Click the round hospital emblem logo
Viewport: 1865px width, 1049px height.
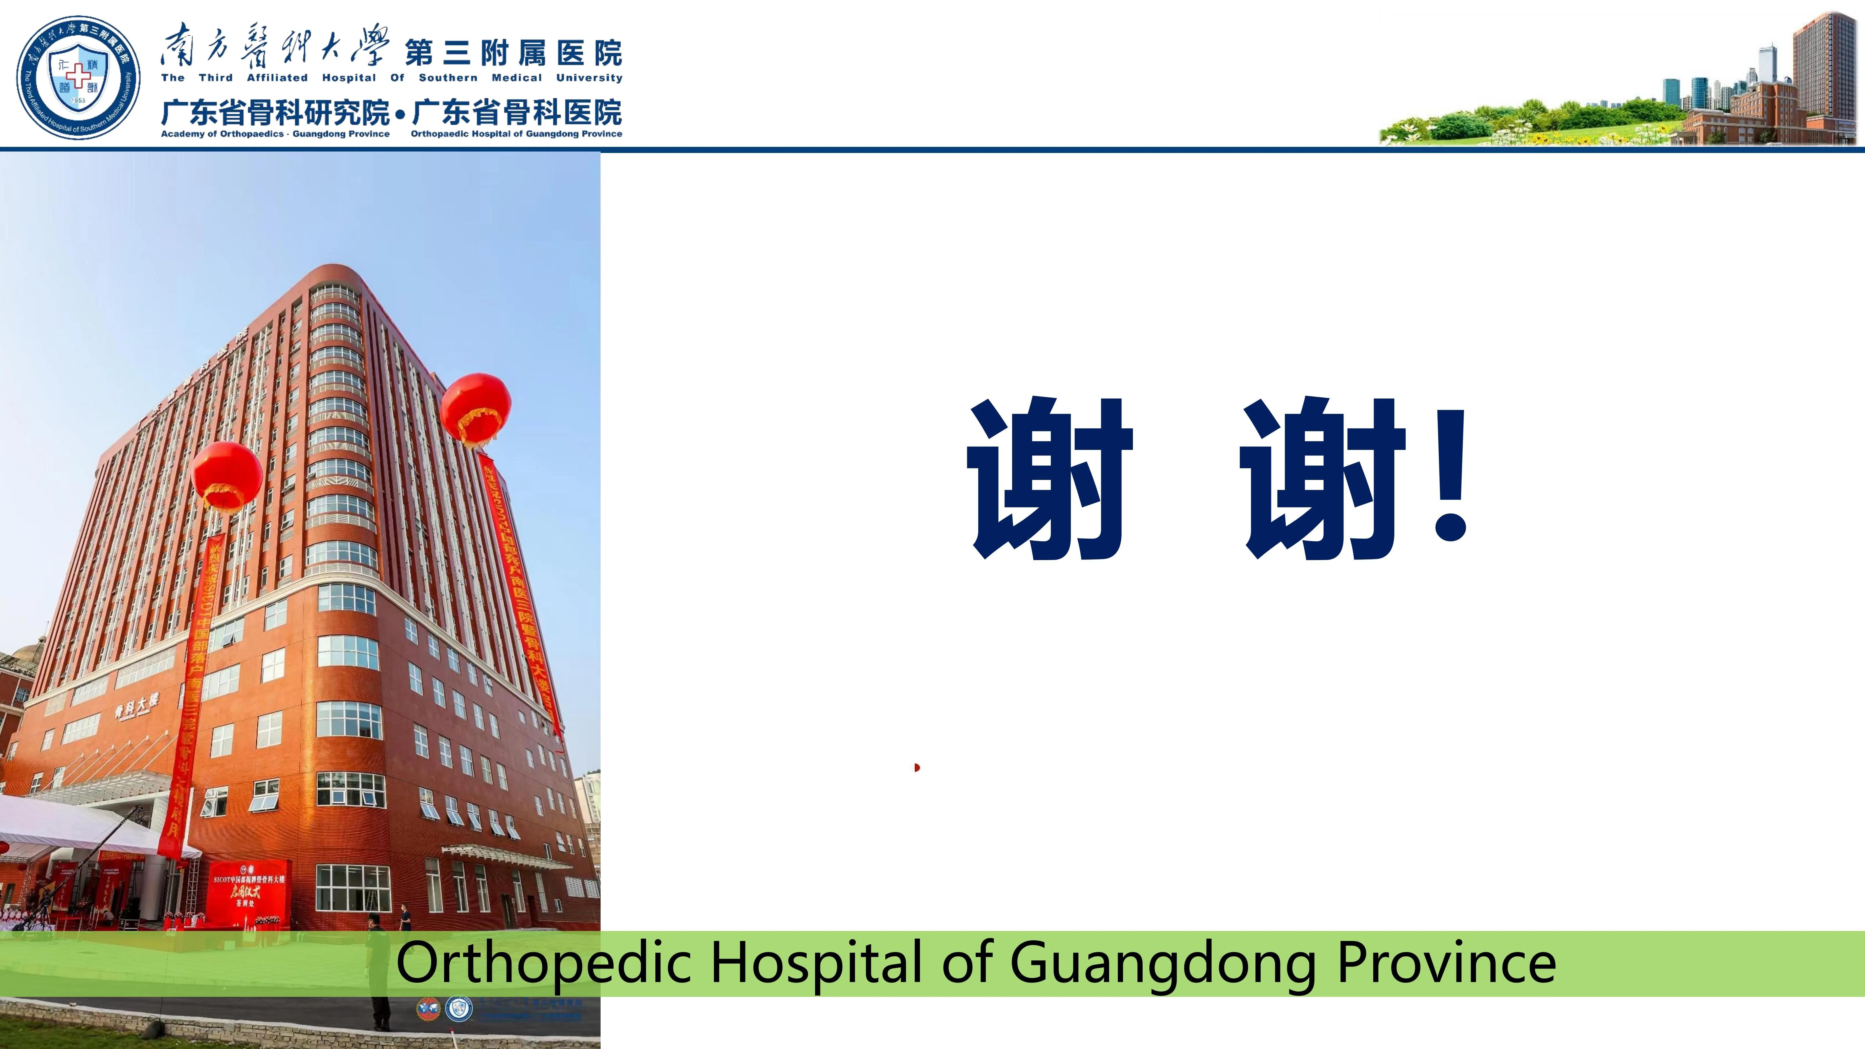tap(78, 78)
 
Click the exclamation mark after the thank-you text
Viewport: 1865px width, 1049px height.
tap(1450, 478)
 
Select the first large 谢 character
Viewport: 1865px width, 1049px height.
tap(1050, 478)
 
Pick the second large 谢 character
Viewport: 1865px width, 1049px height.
tap(1323, 478)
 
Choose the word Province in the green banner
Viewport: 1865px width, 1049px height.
tap(1446, 963)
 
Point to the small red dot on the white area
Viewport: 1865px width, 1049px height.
tap(916, 768)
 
